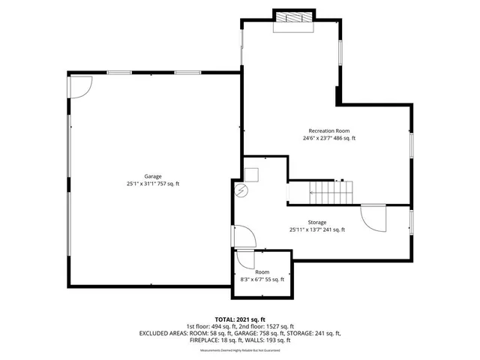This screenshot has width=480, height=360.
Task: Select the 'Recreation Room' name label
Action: pos(329,130)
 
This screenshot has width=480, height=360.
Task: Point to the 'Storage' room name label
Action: pos(317,223)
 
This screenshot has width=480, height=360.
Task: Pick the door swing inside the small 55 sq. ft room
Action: pos(244,259)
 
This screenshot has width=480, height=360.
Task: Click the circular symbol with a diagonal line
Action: pos(241,190)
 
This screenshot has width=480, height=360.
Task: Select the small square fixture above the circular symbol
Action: pos(251,175)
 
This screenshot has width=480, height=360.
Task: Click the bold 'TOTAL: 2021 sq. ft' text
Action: pos(239,319)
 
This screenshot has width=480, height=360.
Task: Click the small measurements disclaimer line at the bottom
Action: pos(239,350)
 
